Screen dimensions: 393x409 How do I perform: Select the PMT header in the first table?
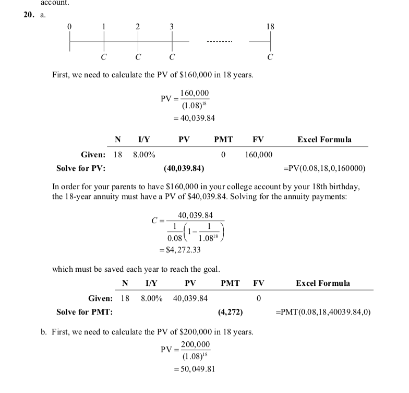click(x=223, y=140)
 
